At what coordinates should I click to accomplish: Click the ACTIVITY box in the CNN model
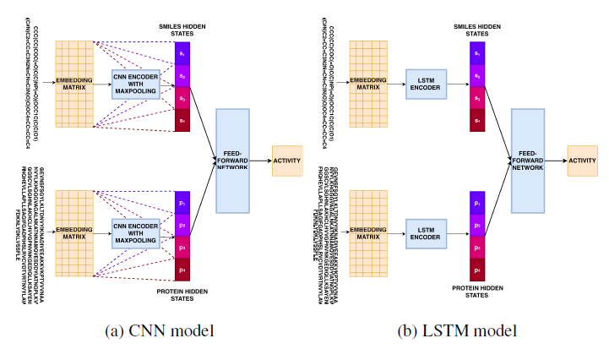[287, 161]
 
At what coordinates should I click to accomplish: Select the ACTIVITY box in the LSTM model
[581, 160]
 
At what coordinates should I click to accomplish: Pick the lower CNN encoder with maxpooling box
[135, 233]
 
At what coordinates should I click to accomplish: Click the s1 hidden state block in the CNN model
[182, 53]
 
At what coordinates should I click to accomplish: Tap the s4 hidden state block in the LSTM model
[478, 121]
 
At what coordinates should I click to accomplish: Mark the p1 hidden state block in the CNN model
[182, 204]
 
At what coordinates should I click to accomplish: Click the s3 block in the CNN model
[182, 98]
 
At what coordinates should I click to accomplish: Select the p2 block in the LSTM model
[478, 226]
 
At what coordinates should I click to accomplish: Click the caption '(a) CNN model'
[157, 330]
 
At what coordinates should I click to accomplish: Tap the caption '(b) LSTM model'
[454, 330]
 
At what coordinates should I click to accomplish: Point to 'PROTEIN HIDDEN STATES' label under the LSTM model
[478, 292]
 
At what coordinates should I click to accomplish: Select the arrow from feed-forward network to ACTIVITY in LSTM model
[556, 160]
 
